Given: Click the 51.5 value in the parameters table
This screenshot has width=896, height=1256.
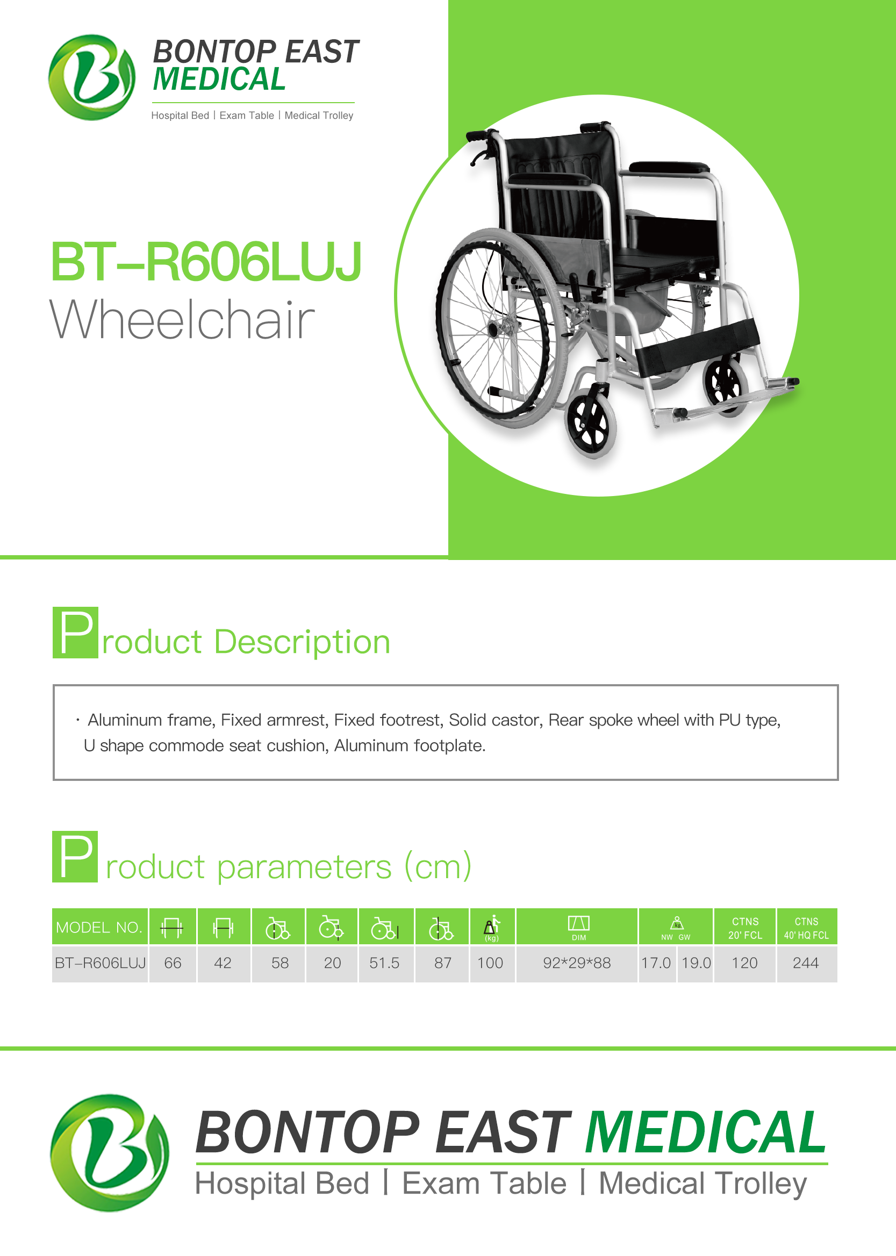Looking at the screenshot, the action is coord(384,963).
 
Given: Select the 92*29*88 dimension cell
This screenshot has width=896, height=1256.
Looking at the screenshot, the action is coord(577,963).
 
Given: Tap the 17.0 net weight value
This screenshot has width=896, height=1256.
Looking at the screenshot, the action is coord(655,963).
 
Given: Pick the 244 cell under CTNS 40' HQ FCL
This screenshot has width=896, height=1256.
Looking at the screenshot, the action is coord(806,963).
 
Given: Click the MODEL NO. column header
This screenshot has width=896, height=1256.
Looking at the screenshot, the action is coord(99,927).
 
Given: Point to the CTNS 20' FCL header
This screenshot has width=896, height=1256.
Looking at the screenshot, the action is coord(745,928).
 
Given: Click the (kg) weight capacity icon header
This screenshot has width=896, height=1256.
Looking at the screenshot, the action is coord(492,928).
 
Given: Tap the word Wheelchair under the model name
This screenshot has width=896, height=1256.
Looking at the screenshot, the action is coord(182,319).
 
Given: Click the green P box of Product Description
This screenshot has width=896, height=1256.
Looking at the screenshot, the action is coord(76,632).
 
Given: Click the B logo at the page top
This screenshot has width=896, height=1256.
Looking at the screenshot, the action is coord(91,77).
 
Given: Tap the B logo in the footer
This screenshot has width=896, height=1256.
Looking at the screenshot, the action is coord(109,1153).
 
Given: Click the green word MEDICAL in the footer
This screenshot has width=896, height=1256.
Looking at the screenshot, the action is coord(706,1132).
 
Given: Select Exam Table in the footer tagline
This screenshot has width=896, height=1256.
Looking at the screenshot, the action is coord(484,1184).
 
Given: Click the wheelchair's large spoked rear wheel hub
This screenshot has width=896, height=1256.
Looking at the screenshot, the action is coord(492,330).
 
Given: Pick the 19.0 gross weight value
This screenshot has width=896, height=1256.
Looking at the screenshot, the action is coord(696,963).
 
